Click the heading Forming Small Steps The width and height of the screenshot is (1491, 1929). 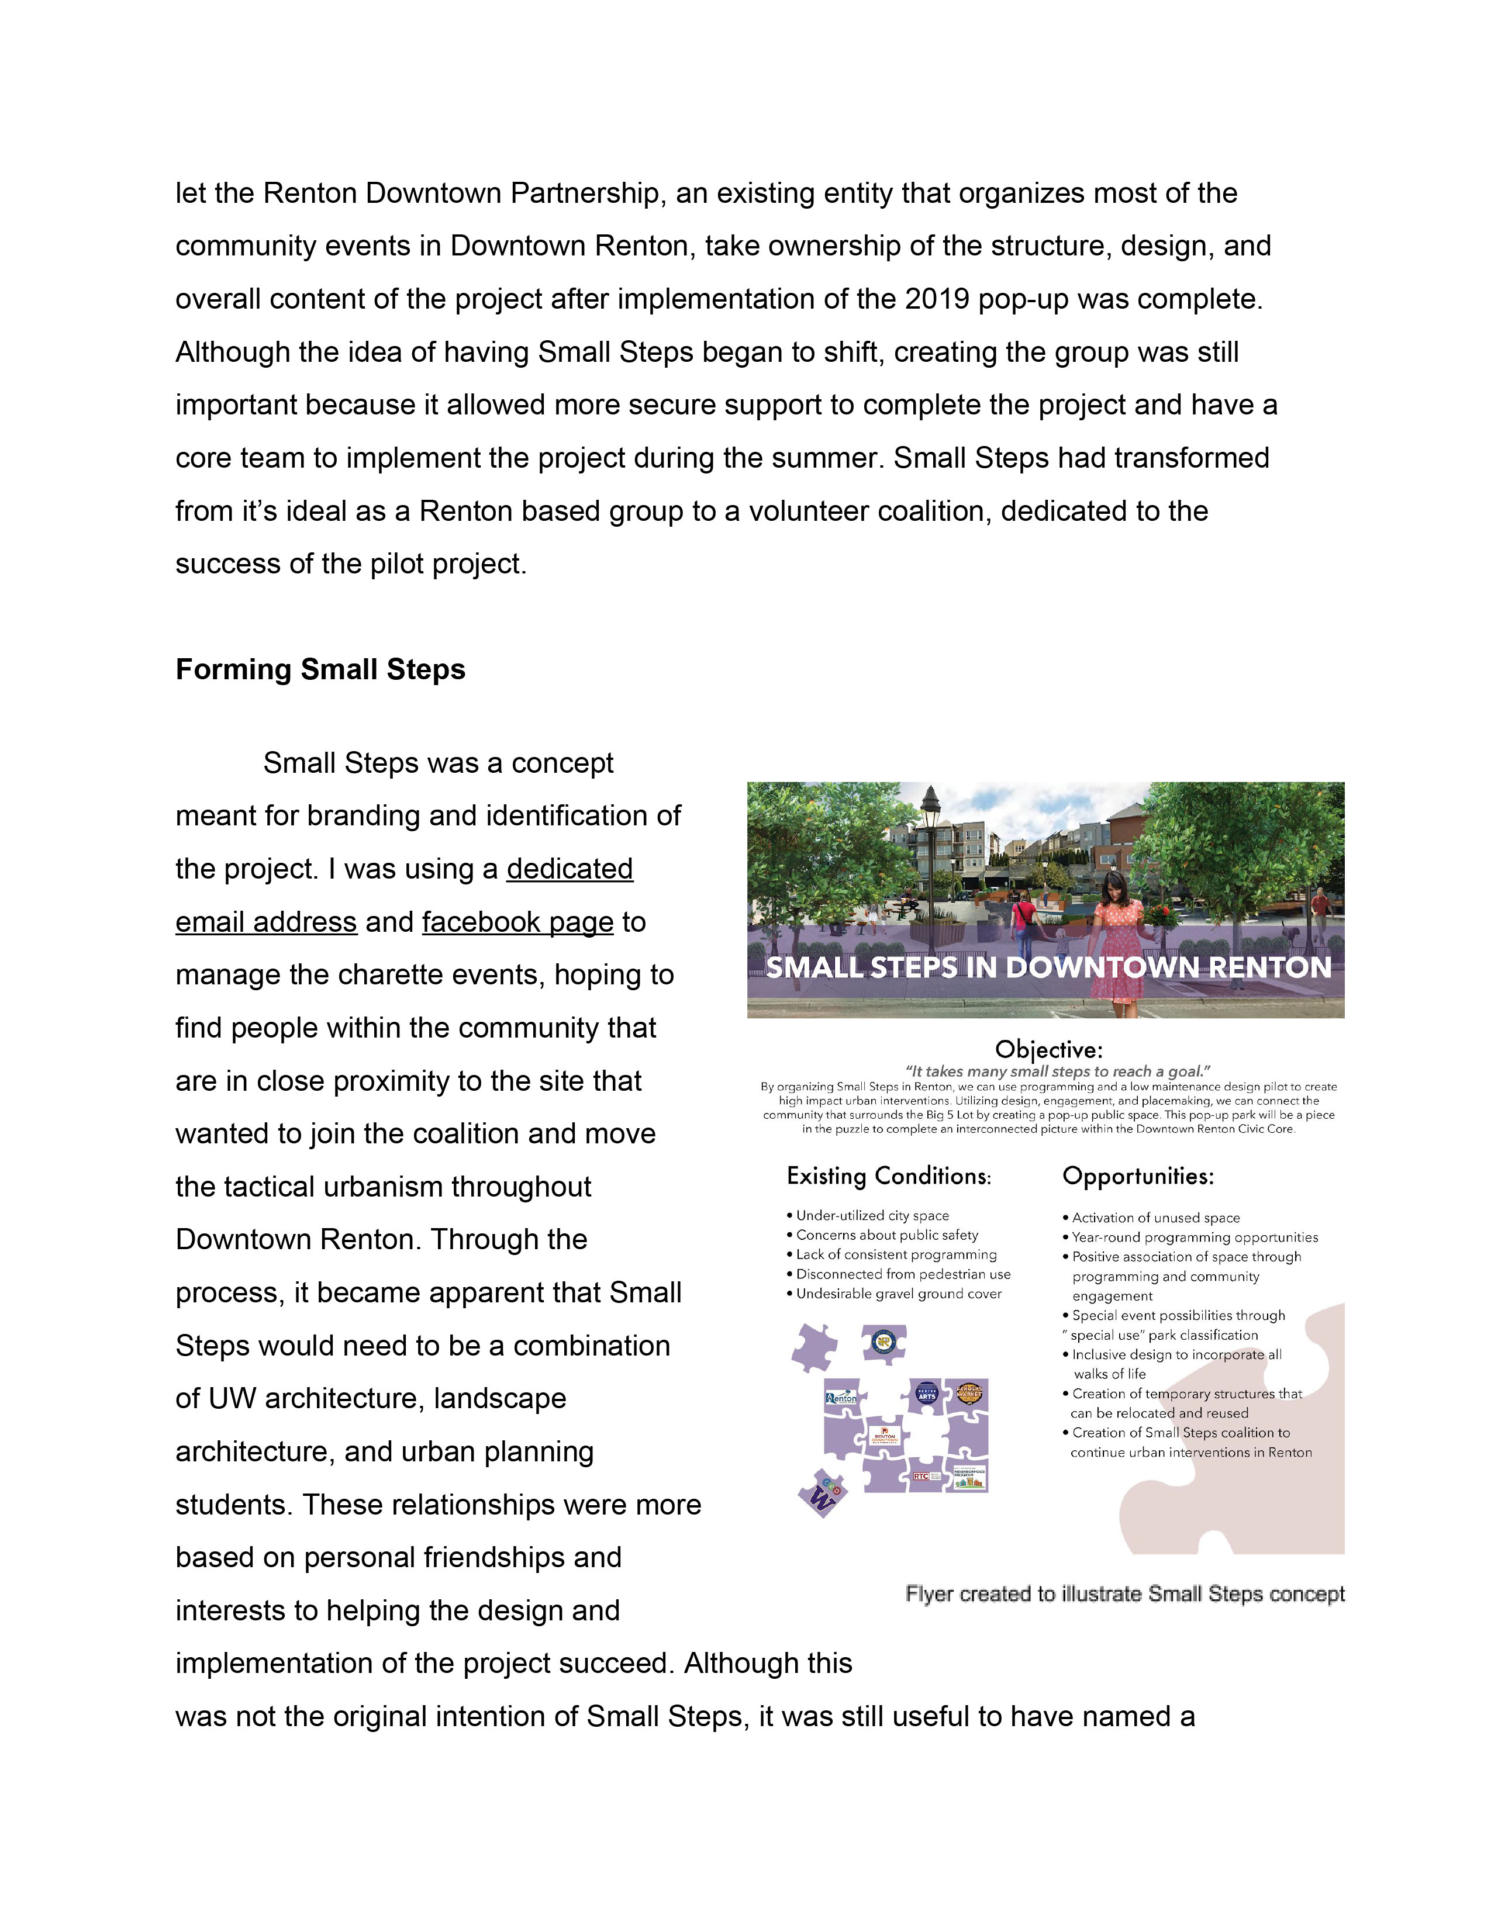click(x=320, y=669)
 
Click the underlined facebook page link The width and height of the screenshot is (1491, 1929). click(x=517, y=921)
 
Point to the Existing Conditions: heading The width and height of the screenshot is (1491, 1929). click(x=889, y=1177)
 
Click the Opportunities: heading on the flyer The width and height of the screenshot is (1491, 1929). click(x=1138, y=1177)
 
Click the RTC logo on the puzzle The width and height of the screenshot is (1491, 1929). click(x=922, y=1476)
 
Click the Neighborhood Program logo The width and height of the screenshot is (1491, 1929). click(x=969, y=1476)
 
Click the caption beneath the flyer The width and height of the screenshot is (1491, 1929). click(x=1124, y=1594)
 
